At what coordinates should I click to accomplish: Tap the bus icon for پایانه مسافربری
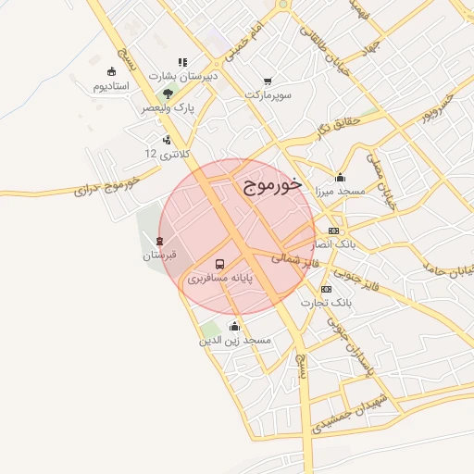click(x=219, y=263)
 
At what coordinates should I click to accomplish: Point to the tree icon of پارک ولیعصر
click(x=167, y=94)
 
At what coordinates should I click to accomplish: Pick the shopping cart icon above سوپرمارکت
click(x=268, y=81)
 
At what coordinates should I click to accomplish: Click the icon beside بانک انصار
click(x=333, y=231)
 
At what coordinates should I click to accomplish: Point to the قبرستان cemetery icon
click(x=160, y=241)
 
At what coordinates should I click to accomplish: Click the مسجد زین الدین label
click(x=235, y=340)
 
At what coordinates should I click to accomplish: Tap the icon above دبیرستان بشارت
click(x=182, y=63)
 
